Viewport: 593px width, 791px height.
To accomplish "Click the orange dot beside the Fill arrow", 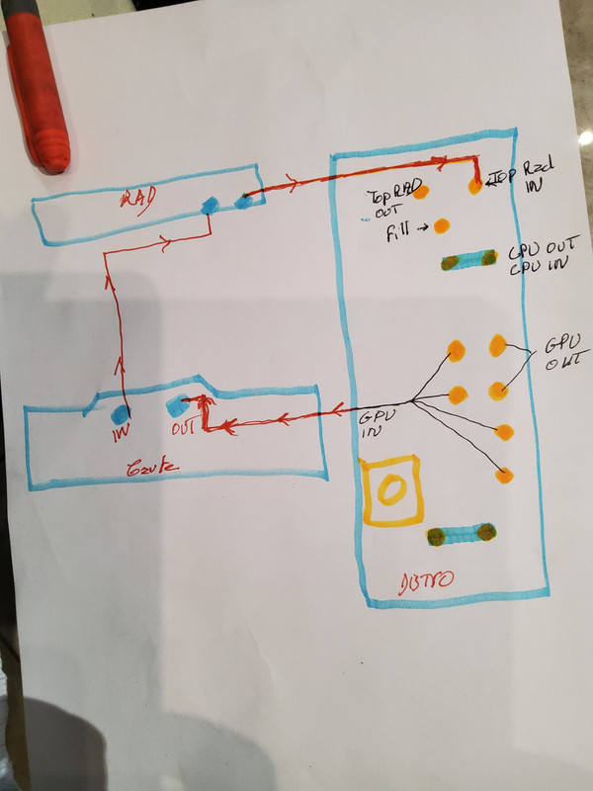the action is coord(441,225).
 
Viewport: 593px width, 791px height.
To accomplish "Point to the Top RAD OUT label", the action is coord(386,202).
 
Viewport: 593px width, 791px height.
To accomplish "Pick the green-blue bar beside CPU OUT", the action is coord(468,261).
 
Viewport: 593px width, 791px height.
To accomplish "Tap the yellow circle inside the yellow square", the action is coord(392,489).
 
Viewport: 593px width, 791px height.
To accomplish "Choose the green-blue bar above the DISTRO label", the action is coord(461,535).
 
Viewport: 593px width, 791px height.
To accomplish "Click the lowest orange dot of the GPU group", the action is coord(505,477).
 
